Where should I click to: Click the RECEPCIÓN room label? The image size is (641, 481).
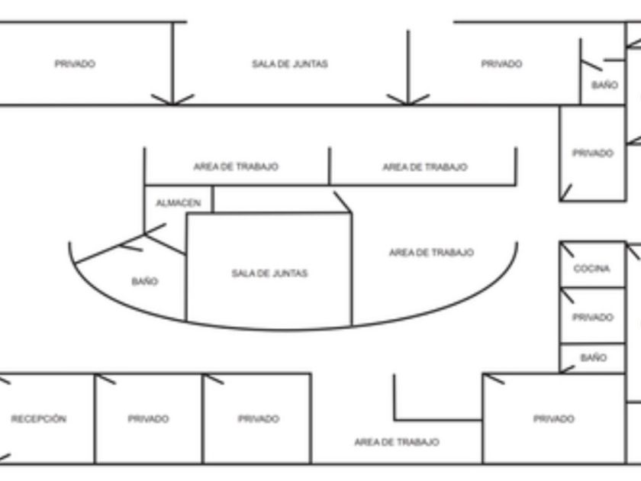(38, 419)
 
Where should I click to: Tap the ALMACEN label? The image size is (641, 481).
(179, 203)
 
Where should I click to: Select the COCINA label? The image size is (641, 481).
(592, 269)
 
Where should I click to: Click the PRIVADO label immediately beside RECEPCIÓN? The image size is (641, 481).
(148, 419)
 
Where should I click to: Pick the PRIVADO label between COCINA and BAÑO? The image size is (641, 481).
(592, 318)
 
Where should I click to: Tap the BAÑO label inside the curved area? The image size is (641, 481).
(144, 282)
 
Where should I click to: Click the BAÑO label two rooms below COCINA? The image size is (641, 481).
(593, 357)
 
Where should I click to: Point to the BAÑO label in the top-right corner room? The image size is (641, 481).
(604, 86)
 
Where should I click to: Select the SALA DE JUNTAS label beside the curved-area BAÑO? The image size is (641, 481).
(269, 273)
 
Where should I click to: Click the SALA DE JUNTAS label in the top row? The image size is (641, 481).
(290, 64)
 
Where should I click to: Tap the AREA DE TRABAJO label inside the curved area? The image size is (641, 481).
(431, 253)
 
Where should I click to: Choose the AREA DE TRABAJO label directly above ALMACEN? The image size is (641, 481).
(236, 166)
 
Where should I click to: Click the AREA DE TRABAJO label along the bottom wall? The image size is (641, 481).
(397, 442)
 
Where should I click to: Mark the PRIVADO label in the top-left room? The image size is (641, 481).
(75, 64)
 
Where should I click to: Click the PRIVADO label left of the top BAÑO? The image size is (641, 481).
(501, 64)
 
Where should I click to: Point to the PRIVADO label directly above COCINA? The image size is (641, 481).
(593, 153)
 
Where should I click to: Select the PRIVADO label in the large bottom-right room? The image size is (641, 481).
(554, 419)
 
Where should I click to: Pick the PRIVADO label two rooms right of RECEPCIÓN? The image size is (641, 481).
(258, 419)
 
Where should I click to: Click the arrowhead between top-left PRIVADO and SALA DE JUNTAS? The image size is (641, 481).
(172, 99)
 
